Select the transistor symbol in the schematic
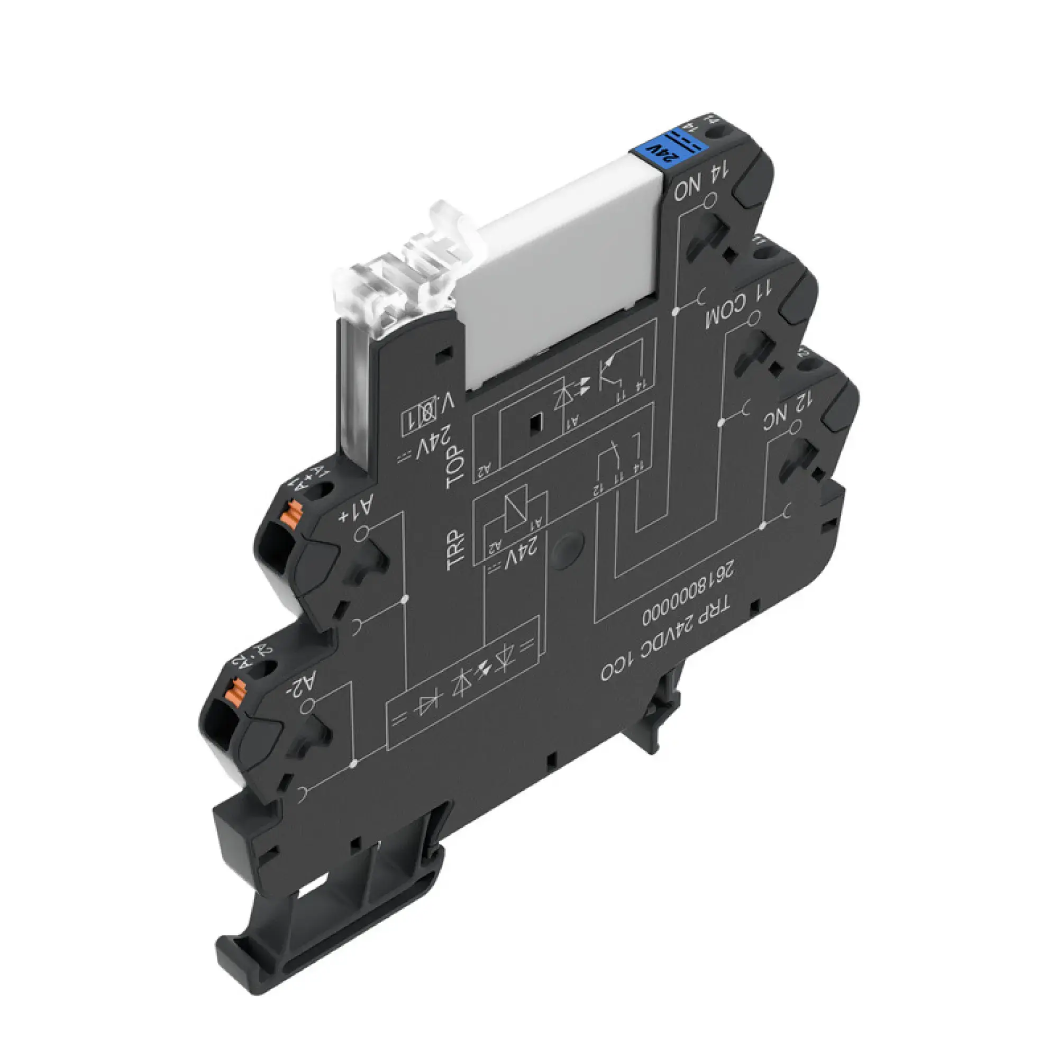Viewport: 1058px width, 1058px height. click(x=611, y=372)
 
